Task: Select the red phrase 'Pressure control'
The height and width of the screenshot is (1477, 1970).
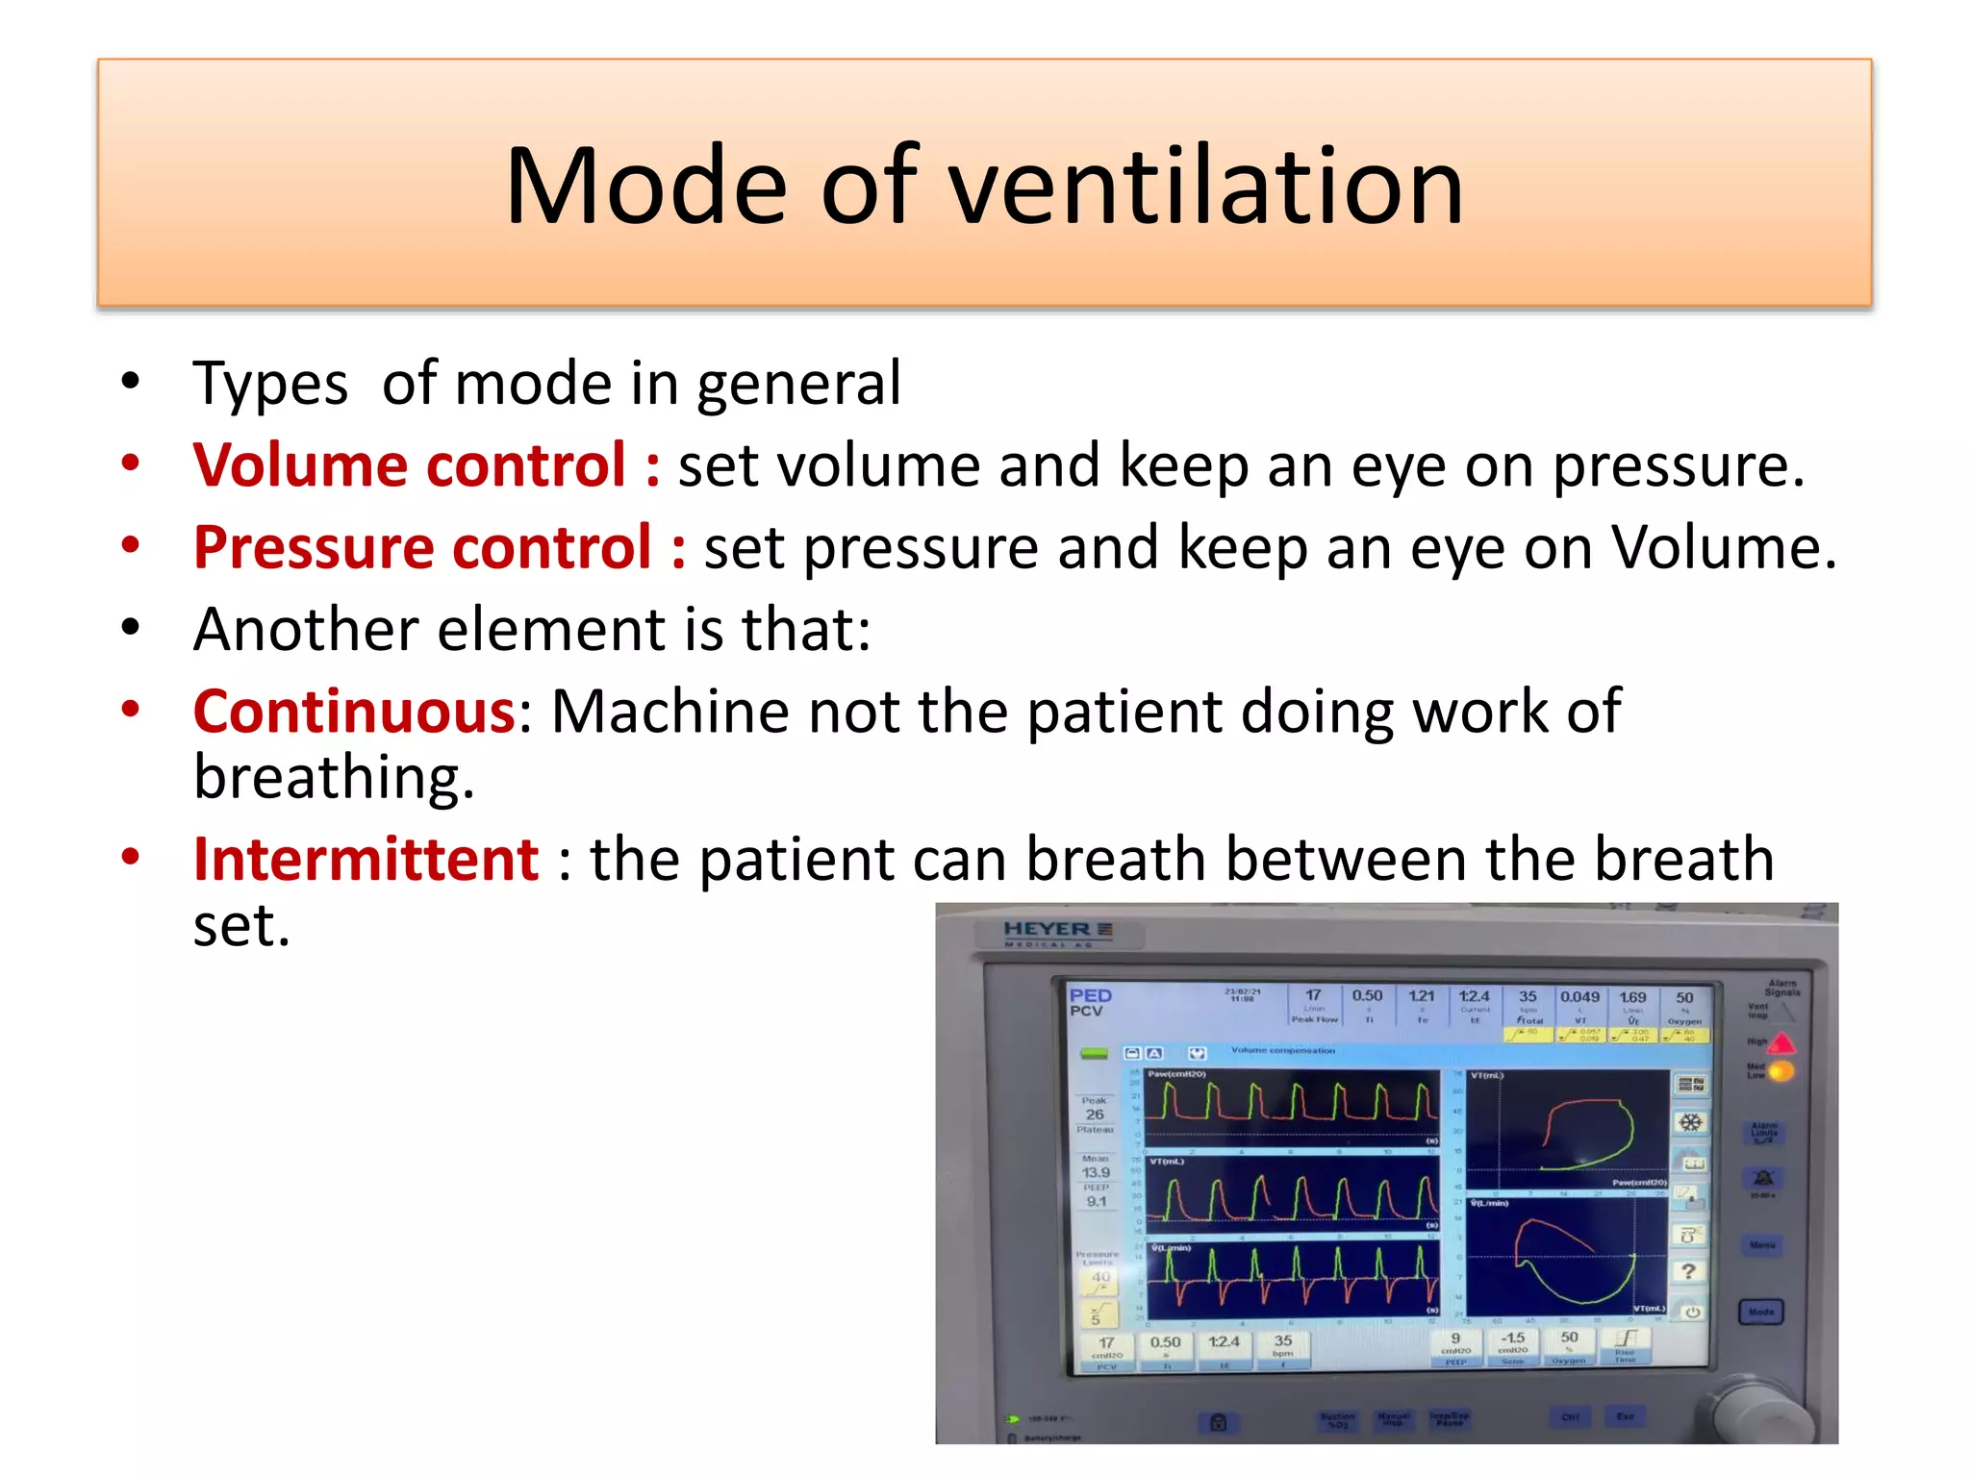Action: [x=423, y=547]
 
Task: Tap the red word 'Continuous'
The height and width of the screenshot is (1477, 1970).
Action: [x=355, y=712]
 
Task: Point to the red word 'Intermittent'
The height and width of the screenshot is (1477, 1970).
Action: [x=366, y=859]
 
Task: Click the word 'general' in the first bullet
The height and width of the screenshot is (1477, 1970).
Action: [x=798, y=384]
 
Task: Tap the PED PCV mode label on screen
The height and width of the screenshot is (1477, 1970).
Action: [x=1090, y=1002]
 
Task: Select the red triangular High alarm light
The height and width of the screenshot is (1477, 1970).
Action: [x=1781, y=1042]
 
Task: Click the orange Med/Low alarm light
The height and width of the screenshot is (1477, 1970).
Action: [x=1781, y=1070]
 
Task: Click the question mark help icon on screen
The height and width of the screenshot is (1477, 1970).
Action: [x=1688, y=1271]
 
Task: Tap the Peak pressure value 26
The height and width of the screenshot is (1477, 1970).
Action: [x=1095, y=1114]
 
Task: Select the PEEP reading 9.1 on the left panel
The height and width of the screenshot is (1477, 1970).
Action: [x=1097, y=1201]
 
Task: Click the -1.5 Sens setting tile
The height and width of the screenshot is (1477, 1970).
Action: [x=1513, y=1343]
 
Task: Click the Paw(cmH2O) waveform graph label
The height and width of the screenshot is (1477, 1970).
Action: [x=1176, y=1074]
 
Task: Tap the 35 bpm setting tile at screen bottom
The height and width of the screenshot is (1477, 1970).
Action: [x=1283, y=1345]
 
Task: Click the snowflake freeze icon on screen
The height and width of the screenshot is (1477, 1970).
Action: [x=1690, y=1122]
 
